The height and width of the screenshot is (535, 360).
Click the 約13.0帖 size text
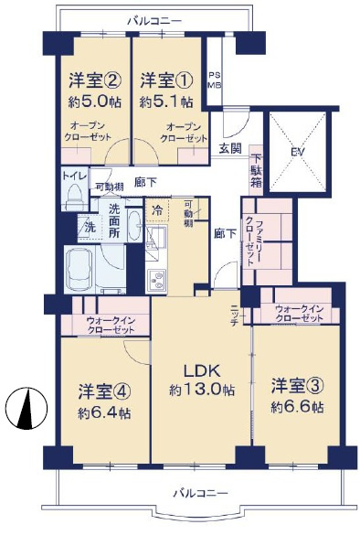tap(201, 391)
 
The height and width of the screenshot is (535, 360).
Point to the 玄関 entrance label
tap(229, 147)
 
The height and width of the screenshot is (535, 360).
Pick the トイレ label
tap(73, 174)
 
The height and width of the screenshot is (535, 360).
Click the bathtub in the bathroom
tap(93, 269)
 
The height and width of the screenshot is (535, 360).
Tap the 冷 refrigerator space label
tap(157, 211)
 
